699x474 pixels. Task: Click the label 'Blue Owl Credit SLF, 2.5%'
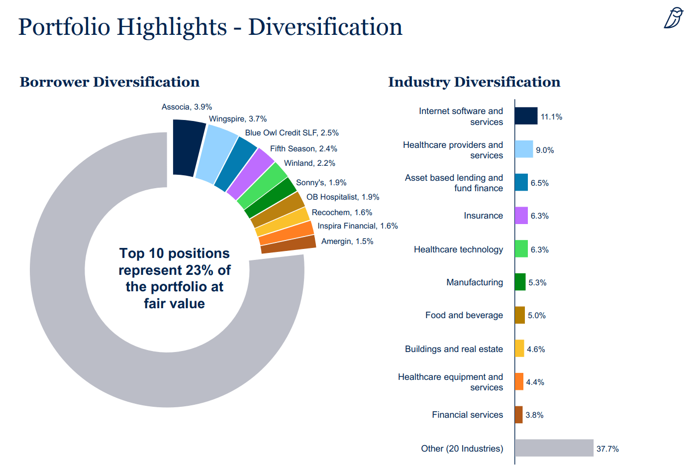[x=292, y=133]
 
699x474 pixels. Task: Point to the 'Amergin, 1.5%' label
[x=347, y=241]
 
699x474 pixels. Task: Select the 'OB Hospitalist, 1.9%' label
[x=343, y=197]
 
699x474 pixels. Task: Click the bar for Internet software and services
[x=526, y=116]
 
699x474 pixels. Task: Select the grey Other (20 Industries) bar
[x=554, y=448]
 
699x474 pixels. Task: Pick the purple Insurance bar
[x=521, y=216]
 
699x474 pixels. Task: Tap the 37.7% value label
[x=607, y=449]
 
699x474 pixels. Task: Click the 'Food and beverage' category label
[x=464, y=315]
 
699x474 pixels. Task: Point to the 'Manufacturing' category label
[x=474, y=282]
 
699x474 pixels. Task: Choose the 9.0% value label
[x=545, y=150]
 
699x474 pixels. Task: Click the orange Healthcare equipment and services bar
[x=519, y=382]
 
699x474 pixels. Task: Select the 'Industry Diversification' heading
[x=474, y=82]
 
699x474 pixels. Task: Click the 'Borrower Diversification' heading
[x=109, y=82]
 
